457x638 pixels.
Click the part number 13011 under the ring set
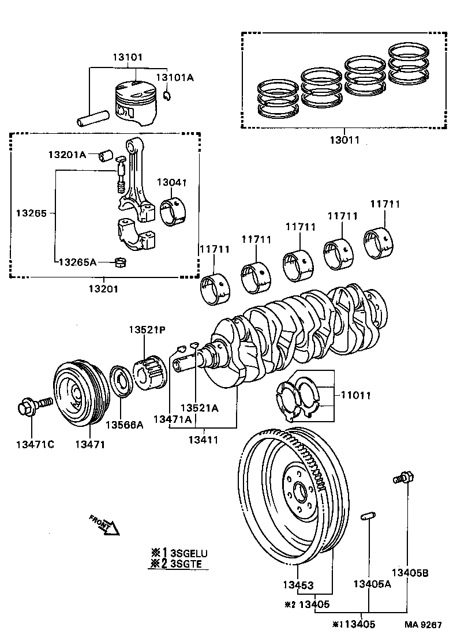[344, 140]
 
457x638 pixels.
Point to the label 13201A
[66, 155]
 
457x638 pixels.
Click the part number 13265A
[77, 262]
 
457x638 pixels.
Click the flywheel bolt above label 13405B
[403, 478]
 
